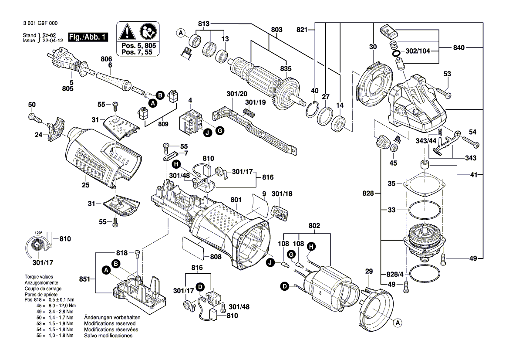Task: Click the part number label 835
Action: coord(286,68)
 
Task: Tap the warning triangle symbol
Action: coord(127,31)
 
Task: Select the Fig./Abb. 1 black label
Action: coord(88,37)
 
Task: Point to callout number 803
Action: coord(276,30)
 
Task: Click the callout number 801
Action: coord(236,200)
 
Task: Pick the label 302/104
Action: coord(418,51)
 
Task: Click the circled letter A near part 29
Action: coord(397,323)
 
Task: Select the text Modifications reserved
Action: coord(109,324)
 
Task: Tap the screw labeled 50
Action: coord(34,117)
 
